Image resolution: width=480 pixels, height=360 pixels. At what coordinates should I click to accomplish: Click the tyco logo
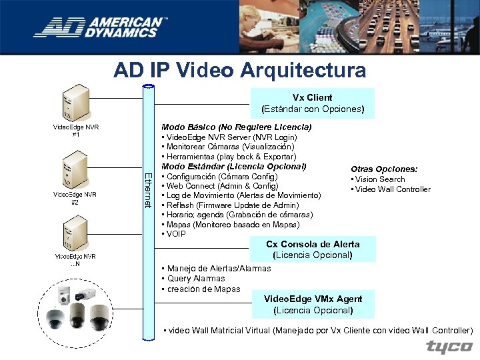coord(449,347)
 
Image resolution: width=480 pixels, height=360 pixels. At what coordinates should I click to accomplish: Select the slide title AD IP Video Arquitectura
coord(240,70)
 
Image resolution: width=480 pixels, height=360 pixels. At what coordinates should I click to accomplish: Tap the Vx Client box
coord(313,103)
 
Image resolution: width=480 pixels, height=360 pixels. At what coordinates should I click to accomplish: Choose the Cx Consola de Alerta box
coord(313,249)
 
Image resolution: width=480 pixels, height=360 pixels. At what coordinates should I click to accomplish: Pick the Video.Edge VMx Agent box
coord(313,305)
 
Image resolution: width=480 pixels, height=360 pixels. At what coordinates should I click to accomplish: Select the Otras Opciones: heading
coord(384,169)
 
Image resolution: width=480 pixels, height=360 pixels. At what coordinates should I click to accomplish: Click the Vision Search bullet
coord(380,179)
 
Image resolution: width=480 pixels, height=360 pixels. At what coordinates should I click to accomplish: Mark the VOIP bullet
coord(175,234)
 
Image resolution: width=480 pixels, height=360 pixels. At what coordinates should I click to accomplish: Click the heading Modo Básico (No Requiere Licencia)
coord(236,127)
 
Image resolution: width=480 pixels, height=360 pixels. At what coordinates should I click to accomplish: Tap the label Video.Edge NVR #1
coord(76,130)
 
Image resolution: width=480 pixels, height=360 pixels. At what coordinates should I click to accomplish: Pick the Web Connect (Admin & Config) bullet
coord(221,185)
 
